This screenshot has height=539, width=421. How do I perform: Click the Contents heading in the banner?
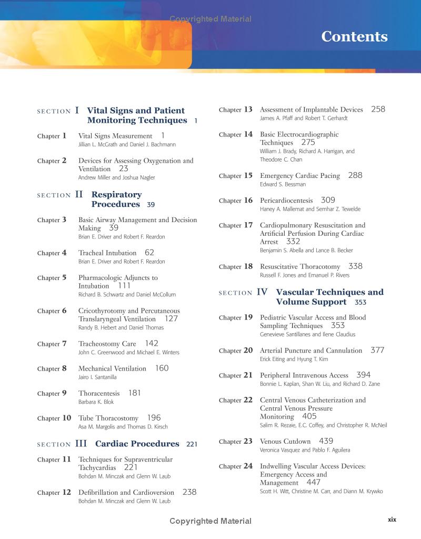tap(354, 37)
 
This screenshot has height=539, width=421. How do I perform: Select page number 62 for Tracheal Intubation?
tap(149, 253)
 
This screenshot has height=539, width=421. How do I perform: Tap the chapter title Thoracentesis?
tap(99, 393)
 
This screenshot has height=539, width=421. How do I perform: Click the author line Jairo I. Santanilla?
tap(97, 377)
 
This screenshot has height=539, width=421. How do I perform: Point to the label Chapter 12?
tap(54, 493)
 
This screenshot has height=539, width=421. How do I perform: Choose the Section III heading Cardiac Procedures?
tap(137, 444)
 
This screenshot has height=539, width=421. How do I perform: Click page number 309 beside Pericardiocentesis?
tap(328, 200)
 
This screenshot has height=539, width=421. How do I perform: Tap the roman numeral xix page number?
tap(392, 520)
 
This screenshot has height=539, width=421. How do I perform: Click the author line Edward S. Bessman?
tap(283, 184)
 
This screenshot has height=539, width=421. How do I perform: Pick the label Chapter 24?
tap(236, 466)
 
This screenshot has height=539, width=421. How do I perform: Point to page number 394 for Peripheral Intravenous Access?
tap(363, 375)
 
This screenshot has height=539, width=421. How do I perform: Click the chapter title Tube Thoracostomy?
tap(108, 418)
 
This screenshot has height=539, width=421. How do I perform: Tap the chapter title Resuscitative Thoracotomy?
tap(300, 267)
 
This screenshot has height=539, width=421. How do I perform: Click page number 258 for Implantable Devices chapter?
tap(378, 109)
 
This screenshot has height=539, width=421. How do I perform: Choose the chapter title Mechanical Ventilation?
tap(112, 368)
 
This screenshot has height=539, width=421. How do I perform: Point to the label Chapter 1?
tap(52, 136)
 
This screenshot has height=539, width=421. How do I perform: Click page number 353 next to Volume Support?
tap(360, 303)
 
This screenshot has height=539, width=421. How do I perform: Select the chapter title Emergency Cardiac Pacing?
tap(300, 176)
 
